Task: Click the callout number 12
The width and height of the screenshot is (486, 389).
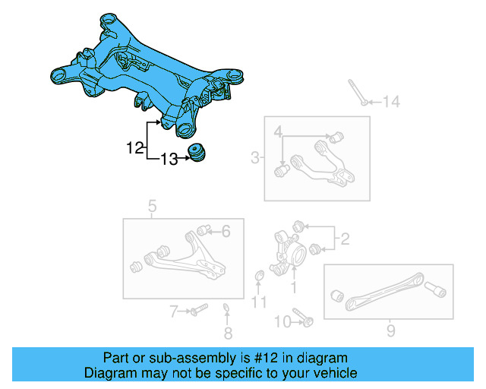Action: click(x=134, y=148)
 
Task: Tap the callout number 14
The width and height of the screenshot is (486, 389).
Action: click(x=390, y=102)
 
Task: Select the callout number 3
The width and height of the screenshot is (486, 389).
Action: click(x=279, y=133)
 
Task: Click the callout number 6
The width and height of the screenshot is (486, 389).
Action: click(x=173, y=311)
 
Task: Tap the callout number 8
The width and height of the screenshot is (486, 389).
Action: click(x=390, y=330)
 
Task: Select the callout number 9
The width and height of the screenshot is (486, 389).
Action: click(x=282, y=322)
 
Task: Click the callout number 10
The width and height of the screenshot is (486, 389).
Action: click(x=260, y=303)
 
